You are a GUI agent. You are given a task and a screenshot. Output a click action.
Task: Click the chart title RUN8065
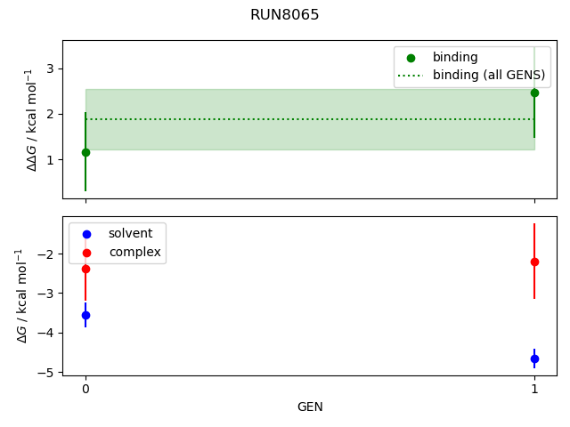[x=285, y=15]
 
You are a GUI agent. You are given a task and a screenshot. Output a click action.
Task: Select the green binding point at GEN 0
[x=85, y=152]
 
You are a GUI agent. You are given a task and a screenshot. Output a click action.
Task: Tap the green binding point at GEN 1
[x=534, y=93]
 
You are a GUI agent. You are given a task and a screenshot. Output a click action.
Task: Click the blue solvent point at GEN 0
[x=85, y=315]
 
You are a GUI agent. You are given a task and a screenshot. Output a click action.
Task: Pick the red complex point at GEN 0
[x=85, y=269]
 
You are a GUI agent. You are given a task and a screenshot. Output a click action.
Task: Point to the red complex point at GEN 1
[x=534, y=262]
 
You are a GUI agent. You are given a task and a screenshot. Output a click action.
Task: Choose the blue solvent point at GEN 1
[x=534, y=359]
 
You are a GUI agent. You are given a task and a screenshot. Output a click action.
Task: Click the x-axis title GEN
[x=310, y=407]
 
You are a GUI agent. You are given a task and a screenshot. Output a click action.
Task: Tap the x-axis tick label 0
[x=85, y=389]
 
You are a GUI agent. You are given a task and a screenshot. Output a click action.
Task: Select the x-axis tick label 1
[x=534, y=389]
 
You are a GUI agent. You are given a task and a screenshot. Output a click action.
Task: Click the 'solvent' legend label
[x=130, y=234]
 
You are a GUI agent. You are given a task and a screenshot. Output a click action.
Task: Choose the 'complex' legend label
[x=134, y=252]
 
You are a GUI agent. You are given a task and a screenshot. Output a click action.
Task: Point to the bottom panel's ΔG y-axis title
[x=22, y=295]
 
